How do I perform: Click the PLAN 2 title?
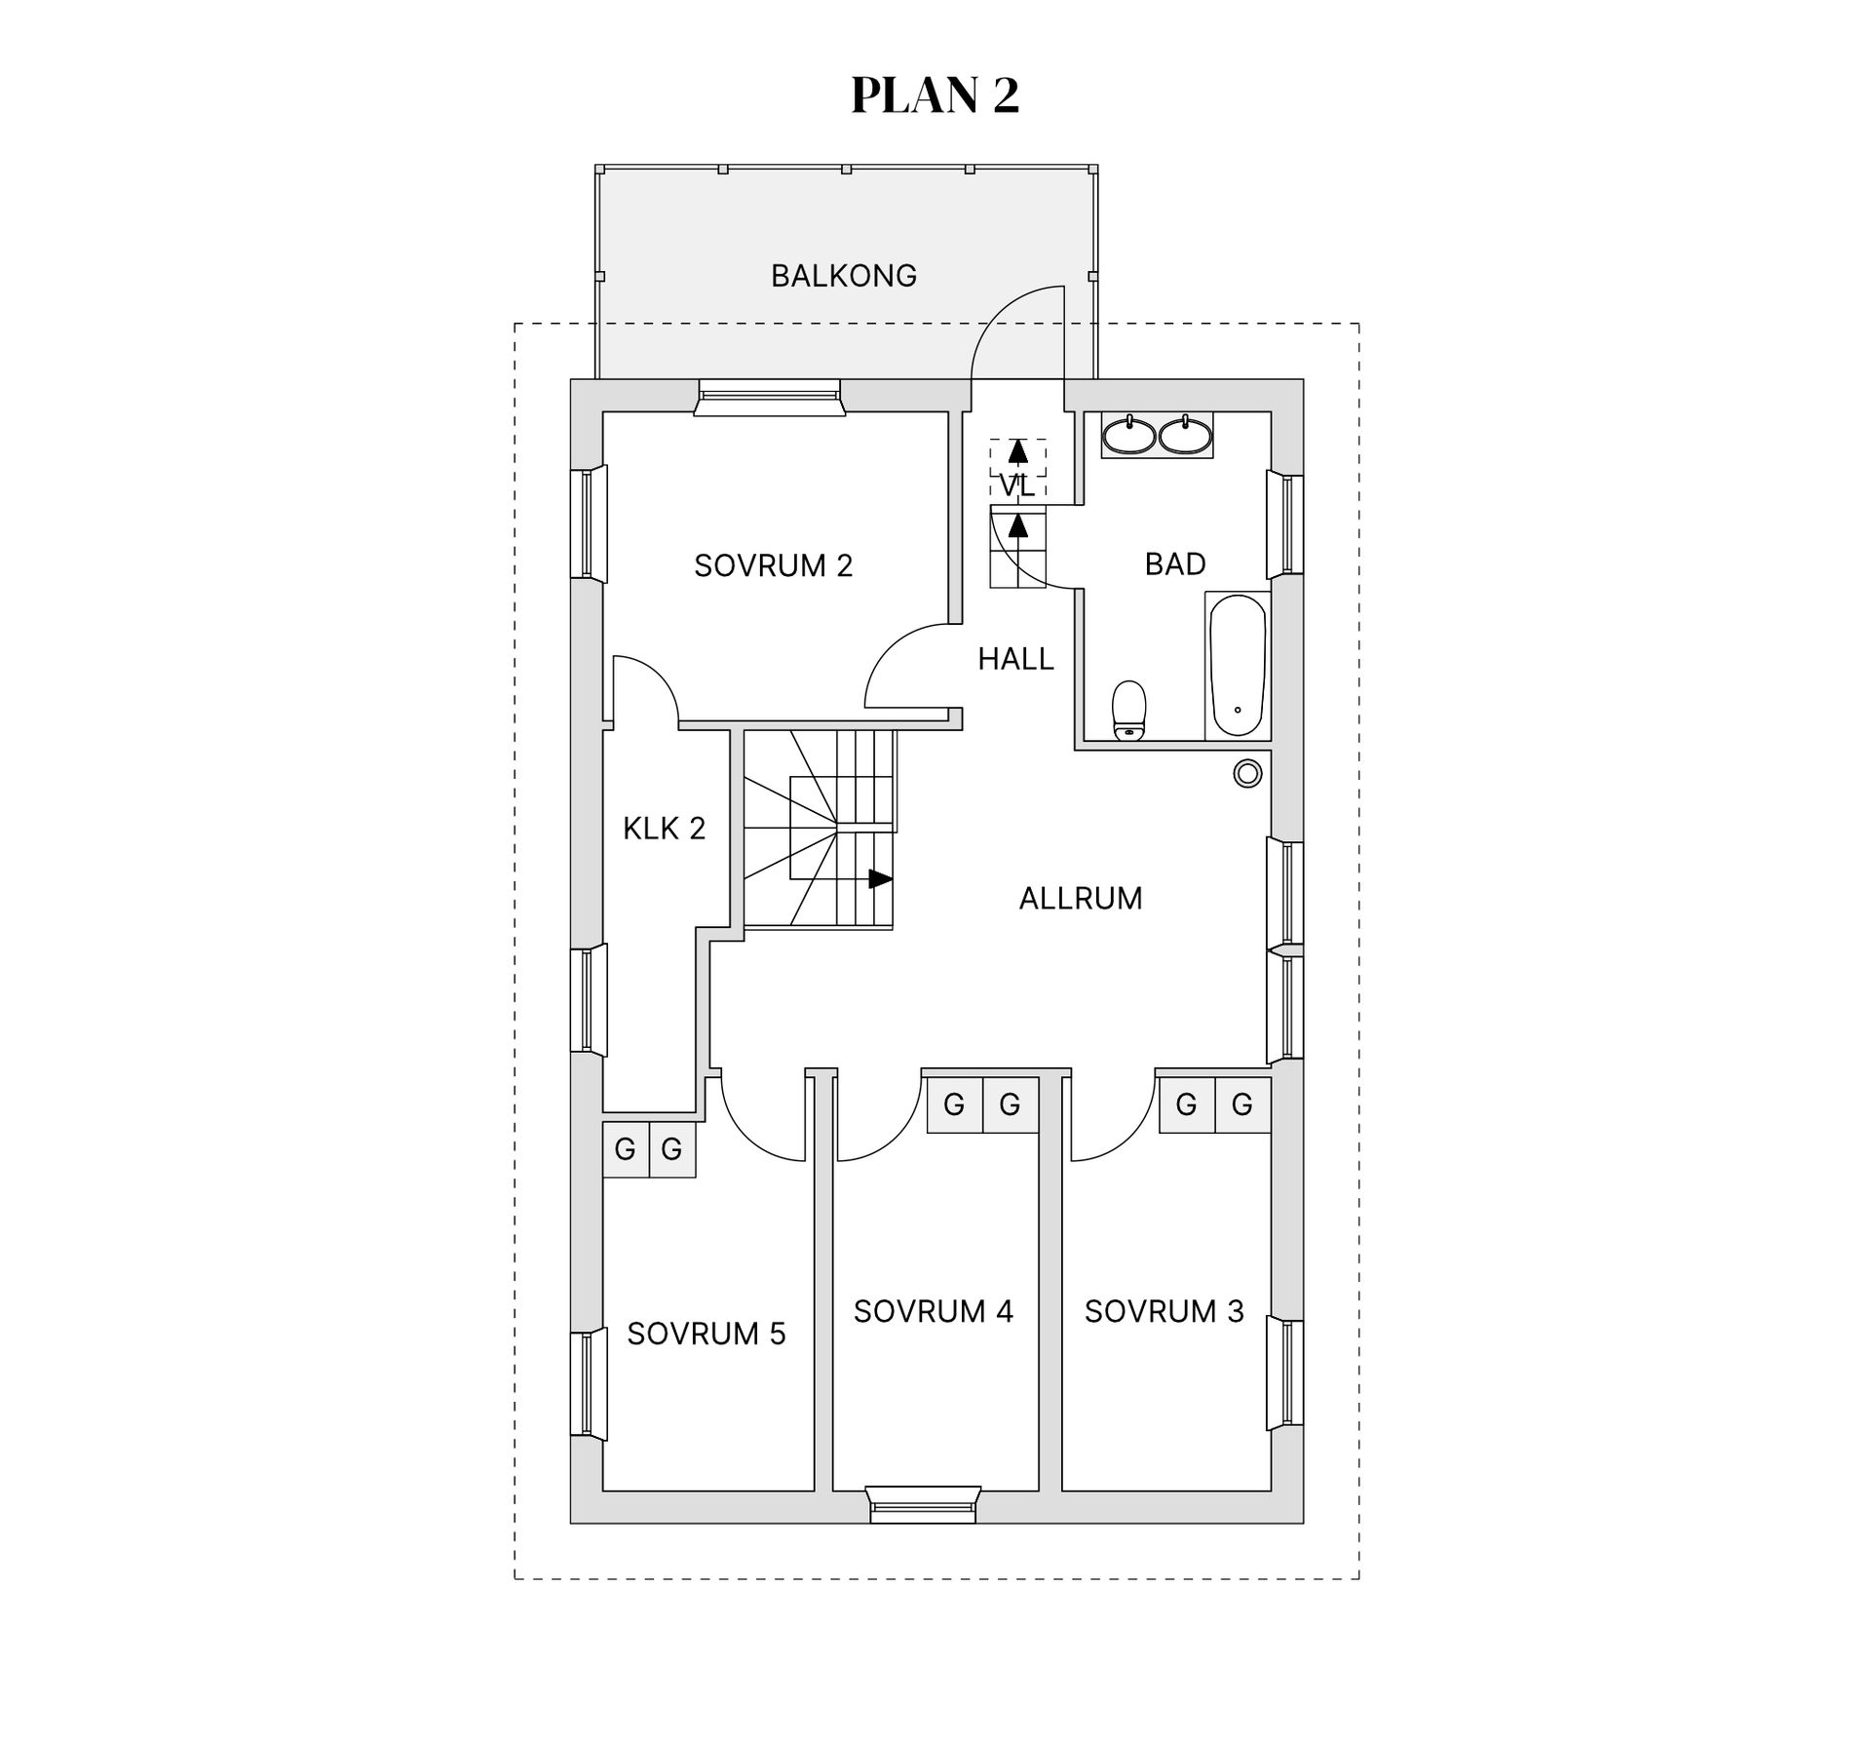click(935, 96)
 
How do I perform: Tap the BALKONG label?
click(844, 276)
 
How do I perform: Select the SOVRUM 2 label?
click(773, 565)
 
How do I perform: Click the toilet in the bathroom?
click(1129, 711)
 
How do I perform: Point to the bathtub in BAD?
click(1238, 665)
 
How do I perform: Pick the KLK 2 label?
click(664, 829)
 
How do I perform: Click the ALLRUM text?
click(1081, 898)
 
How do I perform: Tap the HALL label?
click(1015, 659)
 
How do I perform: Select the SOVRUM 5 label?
click(706, 1334)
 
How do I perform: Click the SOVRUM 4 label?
click(934, 1311)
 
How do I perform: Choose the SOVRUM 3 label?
click(1165, 1311)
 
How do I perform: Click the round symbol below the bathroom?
click(1247, 774)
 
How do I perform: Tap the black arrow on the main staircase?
click(880, 879)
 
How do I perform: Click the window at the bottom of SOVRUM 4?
click(923, 1504)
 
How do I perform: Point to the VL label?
click(1017, 485)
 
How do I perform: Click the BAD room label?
click(1175, 563)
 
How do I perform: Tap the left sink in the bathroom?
click(1129, 436)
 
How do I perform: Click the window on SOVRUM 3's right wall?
click(1286, 1374)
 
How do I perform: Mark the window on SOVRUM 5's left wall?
click(588, 1384)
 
